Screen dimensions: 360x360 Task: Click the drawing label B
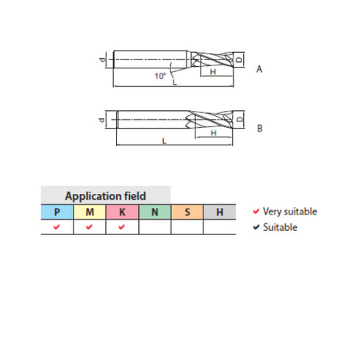coord(259,128)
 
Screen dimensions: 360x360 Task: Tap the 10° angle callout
coord(159,76)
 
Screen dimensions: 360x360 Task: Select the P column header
coord(57,212)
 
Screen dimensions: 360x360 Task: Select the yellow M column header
coord(89,212)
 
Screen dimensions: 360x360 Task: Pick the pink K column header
coord(122,212)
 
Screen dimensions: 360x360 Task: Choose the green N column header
coord(154,212)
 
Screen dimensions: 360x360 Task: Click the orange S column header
coord(187,212)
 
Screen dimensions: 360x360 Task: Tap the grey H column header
coord(219,212)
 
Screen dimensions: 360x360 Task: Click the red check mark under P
coord(57,227)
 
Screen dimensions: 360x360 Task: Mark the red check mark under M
coord(89,227)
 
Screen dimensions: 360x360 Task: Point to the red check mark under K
coord(122,227)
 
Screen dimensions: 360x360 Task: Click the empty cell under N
coord(154,227)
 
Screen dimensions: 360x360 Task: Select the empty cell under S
coord(187,227)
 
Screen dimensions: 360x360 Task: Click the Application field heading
coord(105,196)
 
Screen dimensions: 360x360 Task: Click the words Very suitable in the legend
coord(290,212)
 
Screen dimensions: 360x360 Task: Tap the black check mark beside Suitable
coord(256,227)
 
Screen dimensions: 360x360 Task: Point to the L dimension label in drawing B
coord(162,142)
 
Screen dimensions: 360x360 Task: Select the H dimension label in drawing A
coord(212,73)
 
